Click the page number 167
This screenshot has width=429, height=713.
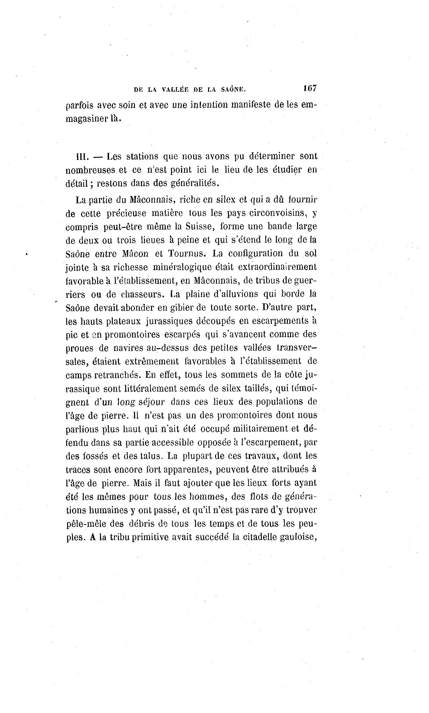click(x=310, y=88)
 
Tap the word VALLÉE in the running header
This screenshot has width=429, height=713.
click(x=175, y=90)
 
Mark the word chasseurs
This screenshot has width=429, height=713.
click(x=143, y=294)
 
